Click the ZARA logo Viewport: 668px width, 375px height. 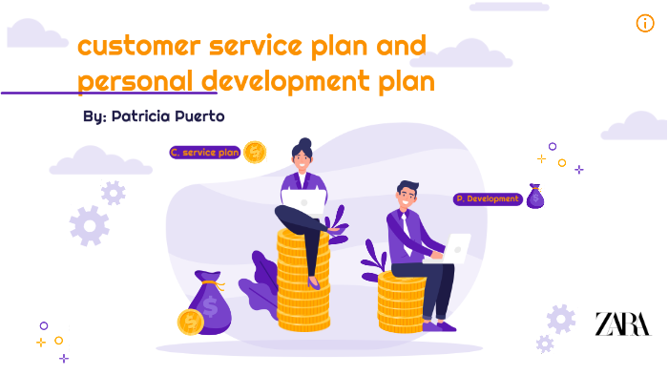tap(622, 323)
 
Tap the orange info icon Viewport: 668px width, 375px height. tap(645, 24)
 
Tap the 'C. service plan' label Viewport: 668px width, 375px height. tap(204, 152)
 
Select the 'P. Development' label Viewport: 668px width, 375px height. tap(487, 199)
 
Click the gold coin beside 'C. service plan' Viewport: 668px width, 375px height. tap(255, 152)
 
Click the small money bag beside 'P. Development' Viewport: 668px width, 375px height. tap(535, 197)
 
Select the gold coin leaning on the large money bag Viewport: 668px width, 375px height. tap(190, 322)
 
